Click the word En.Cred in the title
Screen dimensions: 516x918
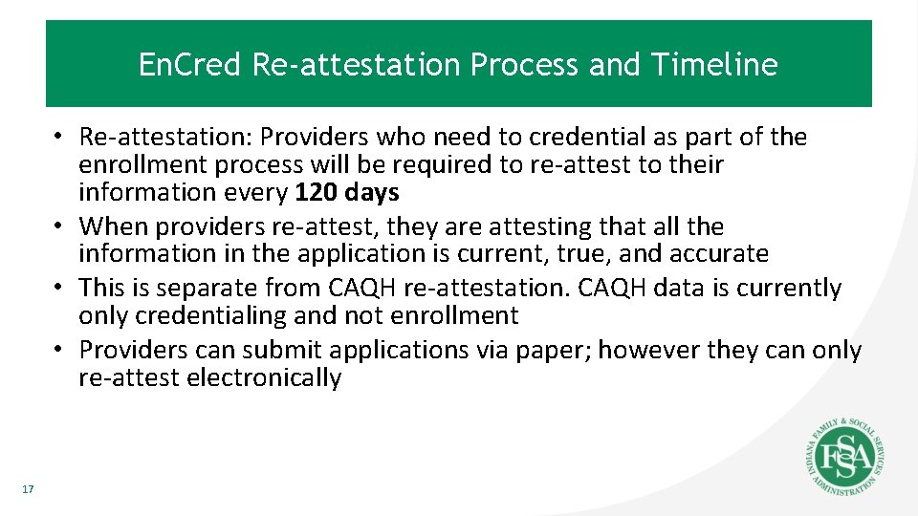pyautogui.click(x=190, y=65)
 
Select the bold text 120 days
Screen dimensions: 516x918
pyautogui.click(x=347, y=192)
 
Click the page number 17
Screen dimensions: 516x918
pyautogui.click(x=27, y=490)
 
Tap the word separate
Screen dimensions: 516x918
pyautogui.click(x=200, y=288)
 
